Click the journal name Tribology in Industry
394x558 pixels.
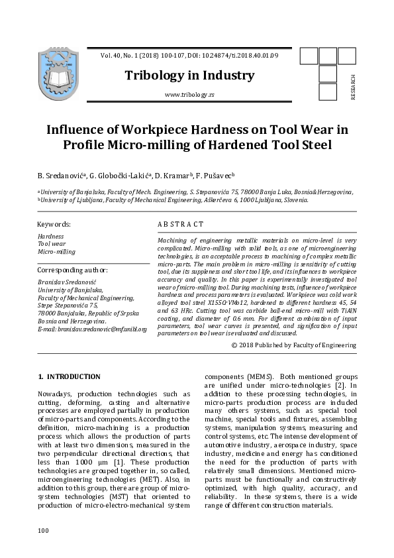pos(189,75)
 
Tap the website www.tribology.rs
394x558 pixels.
pos(189,95)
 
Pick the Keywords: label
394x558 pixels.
pos(54,225)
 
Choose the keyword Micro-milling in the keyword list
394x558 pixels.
pos(56,252)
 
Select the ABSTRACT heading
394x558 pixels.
pos(181,225)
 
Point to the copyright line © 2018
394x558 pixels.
pos(294,345)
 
